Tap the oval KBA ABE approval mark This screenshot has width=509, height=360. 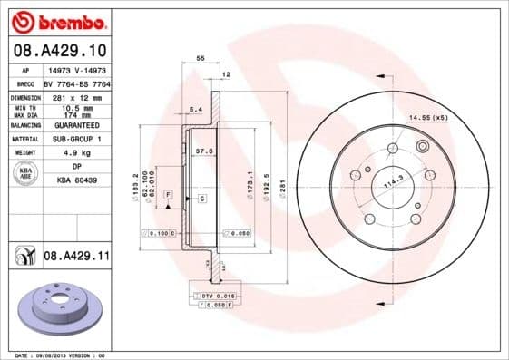click(25, 173)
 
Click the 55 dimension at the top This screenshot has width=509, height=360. click(200, 57)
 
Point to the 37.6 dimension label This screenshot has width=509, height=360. click(204, 151)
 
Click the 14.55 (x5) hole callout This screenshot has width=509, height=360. click(427, 119)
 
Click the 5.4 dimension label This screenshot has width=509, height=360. click(194, 110)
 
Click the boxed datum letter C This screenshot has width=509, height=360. click(201, 198)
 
